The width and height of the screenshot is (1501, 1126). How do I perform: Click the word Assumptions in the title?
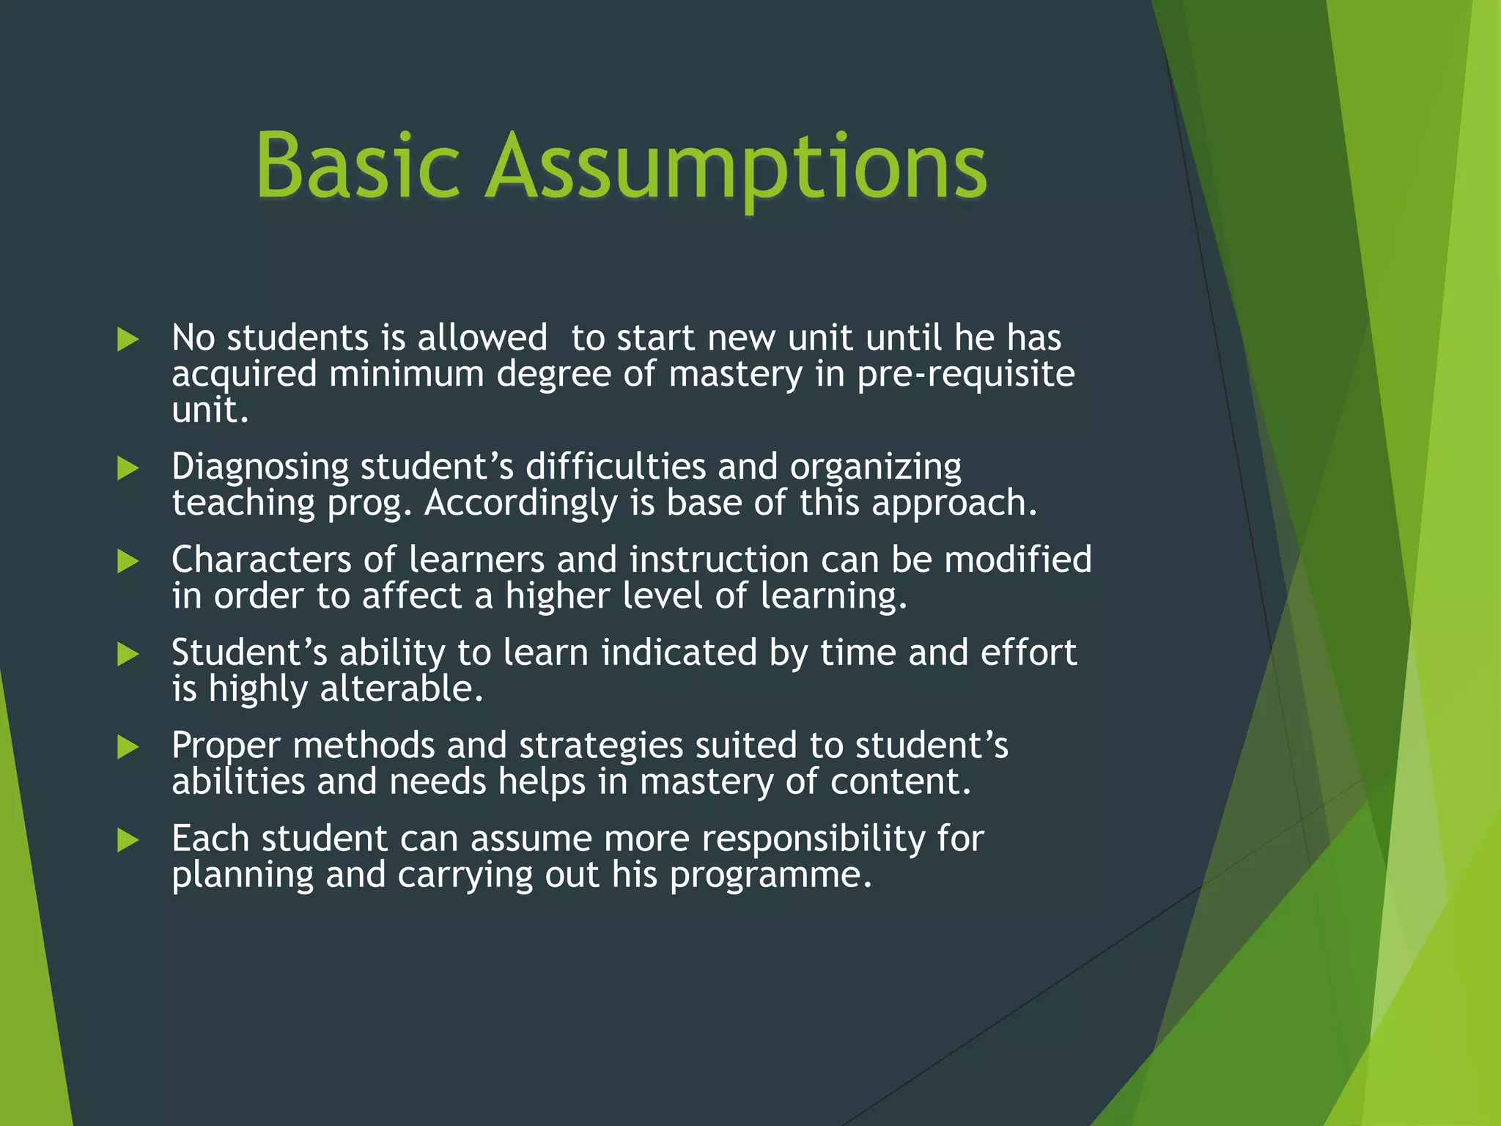click(x=736, y=169)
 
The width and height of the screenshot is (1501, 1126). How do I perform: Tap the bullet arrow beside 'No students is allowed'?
click(x=128, y=339)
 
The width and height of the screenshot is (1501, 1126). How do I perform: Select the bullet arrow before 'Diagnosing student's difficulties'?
click(x=128, y=468)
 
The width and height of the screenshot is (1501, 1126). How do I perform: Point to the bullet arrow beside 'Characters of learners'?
click(x=128, y=562)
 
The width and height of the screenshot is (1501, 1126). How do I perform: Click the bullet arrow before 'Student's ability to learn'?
click(x=128, y=654)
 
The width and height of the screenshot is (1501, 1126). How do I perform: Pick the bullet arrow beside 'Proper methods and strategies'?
click(x=128, y=747)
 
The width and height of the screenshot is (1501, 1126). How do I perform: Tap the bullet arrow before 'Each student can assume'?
click(x=128, y=840)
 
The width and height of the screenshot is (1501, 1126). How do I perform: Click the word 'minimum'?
click(x=406, y=375)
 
